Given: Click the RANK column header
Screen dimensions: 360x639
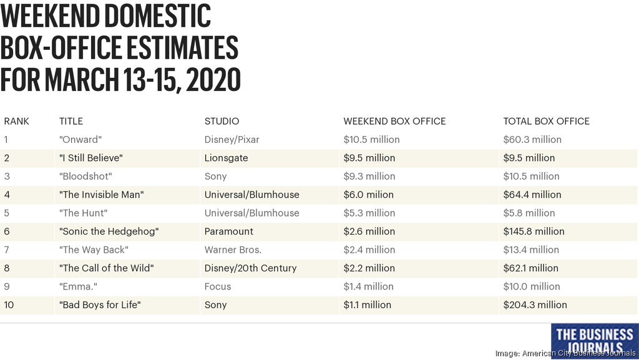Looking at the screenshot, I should [17, 121].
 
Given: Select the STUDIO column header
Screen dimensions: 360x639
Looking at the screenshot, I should [222, 121].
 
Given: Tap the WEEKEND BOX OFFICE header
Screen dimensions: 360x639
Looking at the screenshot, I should [394, 121].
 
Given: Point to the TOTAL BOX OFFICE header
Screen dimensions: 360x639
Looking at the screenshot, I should [546, 121].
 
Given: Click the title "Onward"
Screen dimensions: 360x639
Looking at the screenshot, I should [80, 140].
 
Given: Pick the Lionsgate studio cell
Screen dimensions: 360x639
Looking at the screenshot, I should [226, 158].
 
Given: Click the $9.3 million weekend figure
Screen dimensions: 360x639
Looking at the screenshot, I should [369, 176].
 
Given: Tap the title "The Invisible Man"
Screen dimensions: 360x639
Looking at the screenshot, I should [102, 195].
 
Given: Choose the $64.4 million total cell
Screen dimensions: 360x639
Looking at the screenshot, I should [532, 195].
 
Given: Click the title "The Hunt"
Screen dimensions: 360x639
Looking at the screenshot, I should [83, 213].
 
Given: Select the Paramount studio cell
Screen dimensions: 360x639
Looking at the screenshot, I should [228, 231].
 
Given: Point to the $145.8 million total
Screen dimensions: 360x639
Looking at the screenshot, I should [534, 231].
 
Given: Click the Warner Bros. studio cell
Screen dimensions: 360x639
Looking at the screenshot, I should [233, 250].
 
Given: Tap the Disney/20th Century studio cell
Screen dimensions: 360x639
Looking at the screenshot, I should [250, 268].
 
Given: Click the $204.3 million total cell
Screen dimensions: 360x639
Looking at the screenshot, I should [535, 305].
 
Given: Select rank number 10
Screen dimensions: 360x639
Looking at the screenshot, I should [9, 305].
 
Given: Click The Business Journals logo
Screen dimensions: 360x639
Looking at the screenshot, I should [594, 339].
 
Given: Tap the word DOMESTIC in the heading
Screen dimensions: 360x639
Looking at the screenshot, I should [151, 17].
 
